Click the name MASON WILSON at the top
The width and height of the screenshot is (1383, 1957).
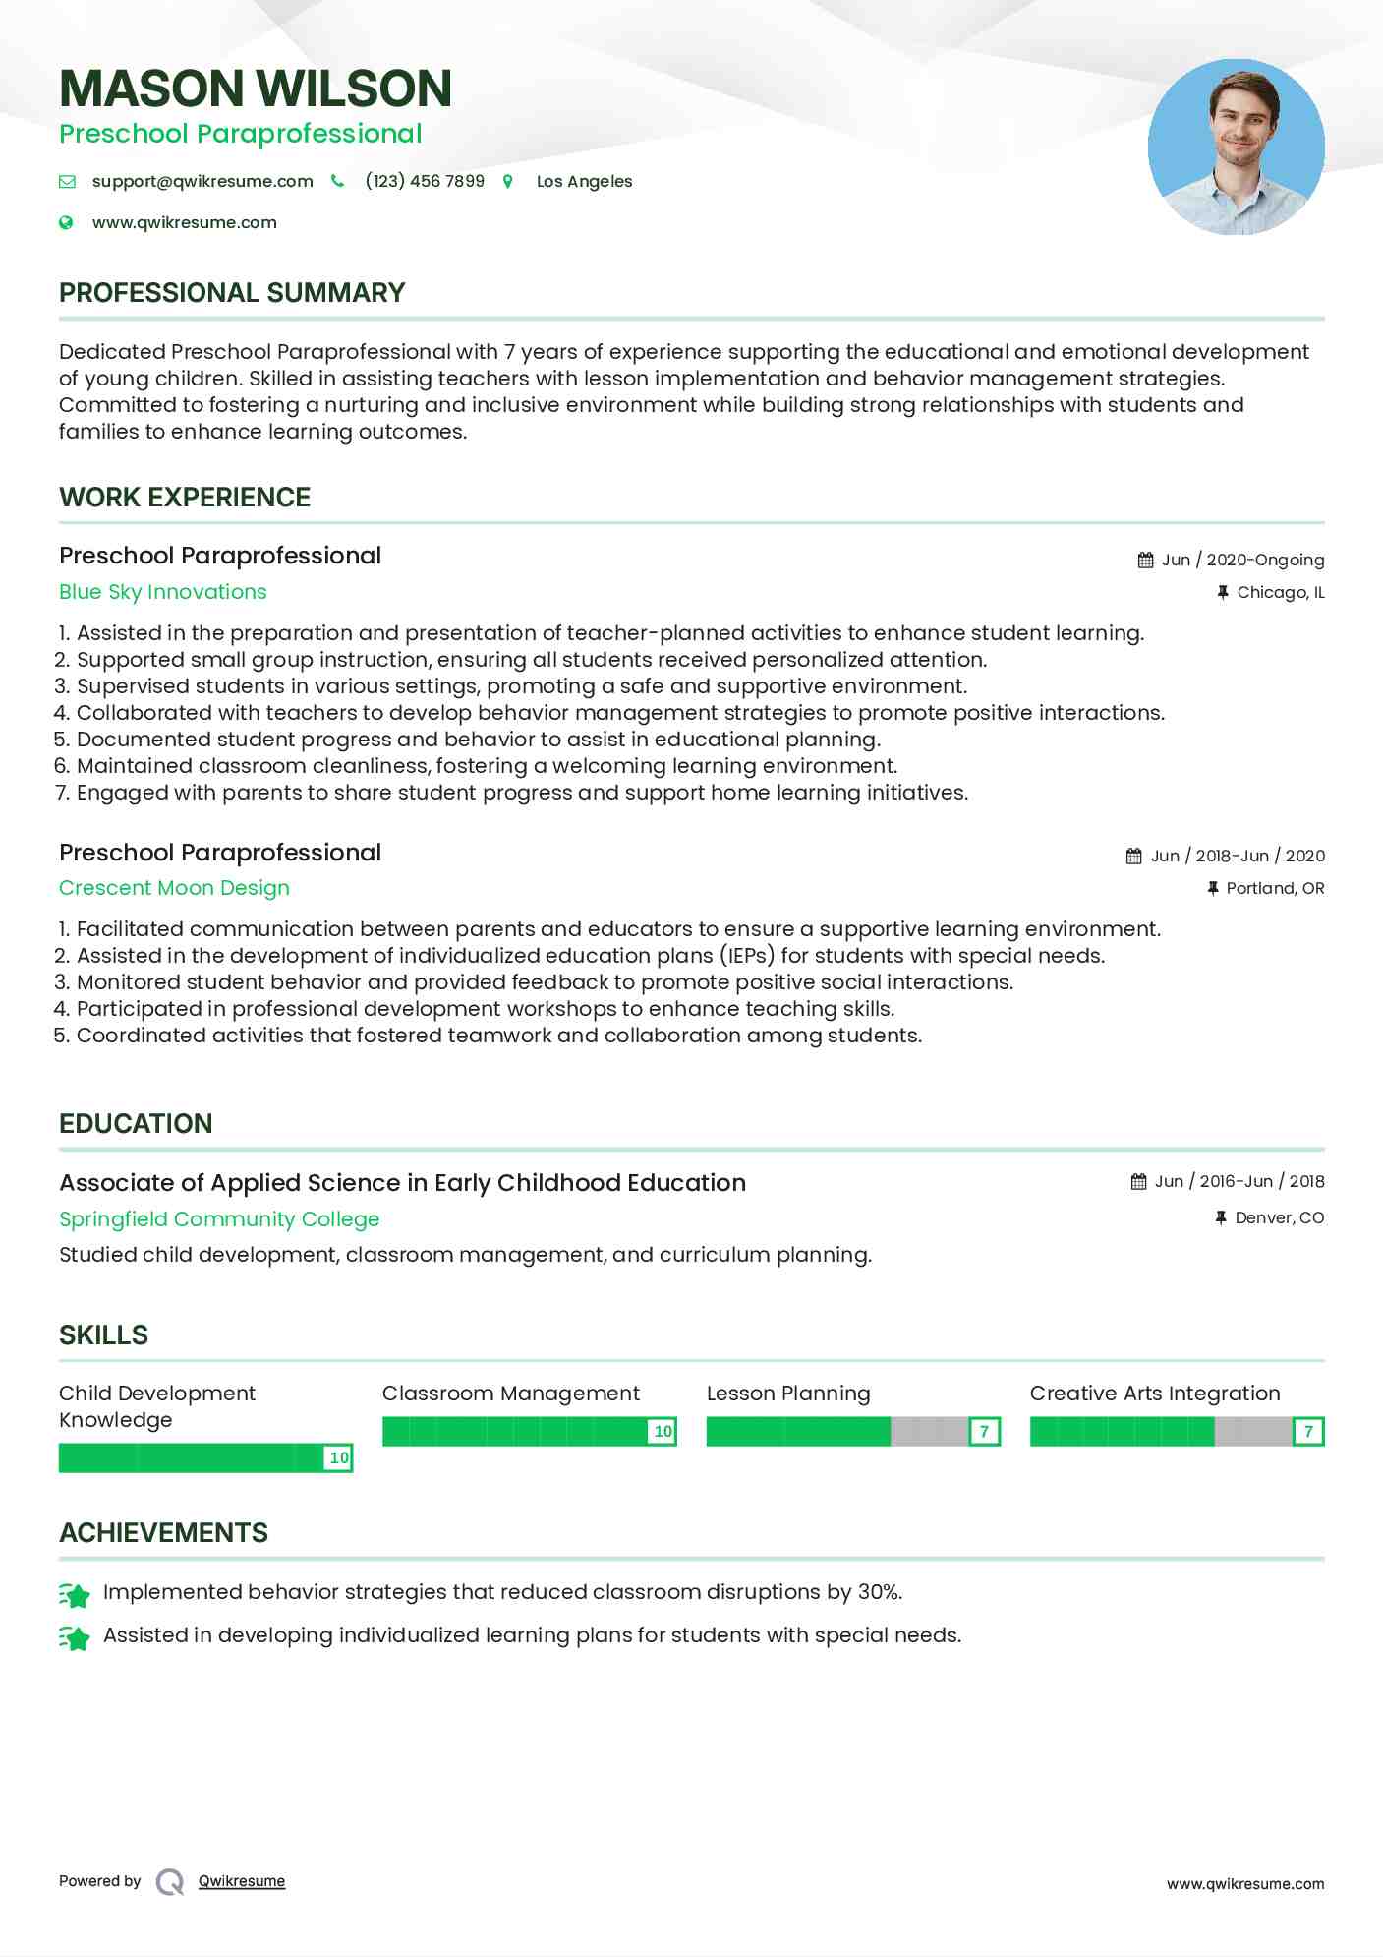click(x=256, y=89)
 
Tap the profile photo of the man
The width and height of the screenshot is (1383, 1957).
click(x=1236, y=147)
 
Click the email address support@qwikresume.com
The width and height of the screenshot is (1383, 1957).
click(x=202, y=181)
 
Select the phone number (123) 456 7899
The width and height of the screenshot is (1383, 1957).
click(x=425, y=181)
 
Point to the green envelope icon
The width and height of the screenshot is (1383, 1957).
click(x=67, y=181)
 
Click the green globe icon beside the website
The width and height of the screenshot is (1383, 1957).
click(x=66, y=222)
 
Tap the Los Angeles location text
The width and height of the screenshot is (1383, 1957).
click(x=584, y=181)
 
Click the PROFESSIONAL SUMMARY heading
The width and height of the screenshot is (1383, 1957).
click(x=232, y=292)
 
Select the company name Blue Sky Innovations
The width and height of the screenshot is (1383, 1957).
click(x=163, y=592)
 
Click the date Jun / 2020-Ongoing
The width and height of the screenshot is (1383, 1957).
click(x=1242, y=560)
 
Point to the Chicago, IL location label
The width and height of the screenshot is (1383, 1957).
click(x=1280, y=592)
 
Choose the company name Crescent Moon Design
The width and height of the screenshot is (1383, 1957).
click(x=174, y=888)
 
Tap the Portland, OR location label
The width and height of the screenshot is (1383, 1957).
click(x=1275, y=888)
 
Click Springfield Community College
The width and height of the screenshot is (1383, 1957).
click(x=219, y=1219)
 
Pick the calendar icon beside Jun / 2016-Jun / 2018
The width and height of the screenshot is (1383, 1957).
click(x=1138, y=1181)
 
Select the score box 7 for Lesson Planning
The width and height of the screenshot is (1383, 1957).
click(x=984, y=1431)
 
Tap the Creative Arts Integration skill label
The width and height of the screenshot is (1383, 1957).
click(x=1155, y=1394)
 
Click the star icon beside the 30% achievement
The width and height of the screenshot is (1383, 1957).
click(x=74, y=1593)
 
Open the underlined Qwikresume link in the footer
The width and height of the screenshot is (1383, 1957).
click(x=242, y=1881)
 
